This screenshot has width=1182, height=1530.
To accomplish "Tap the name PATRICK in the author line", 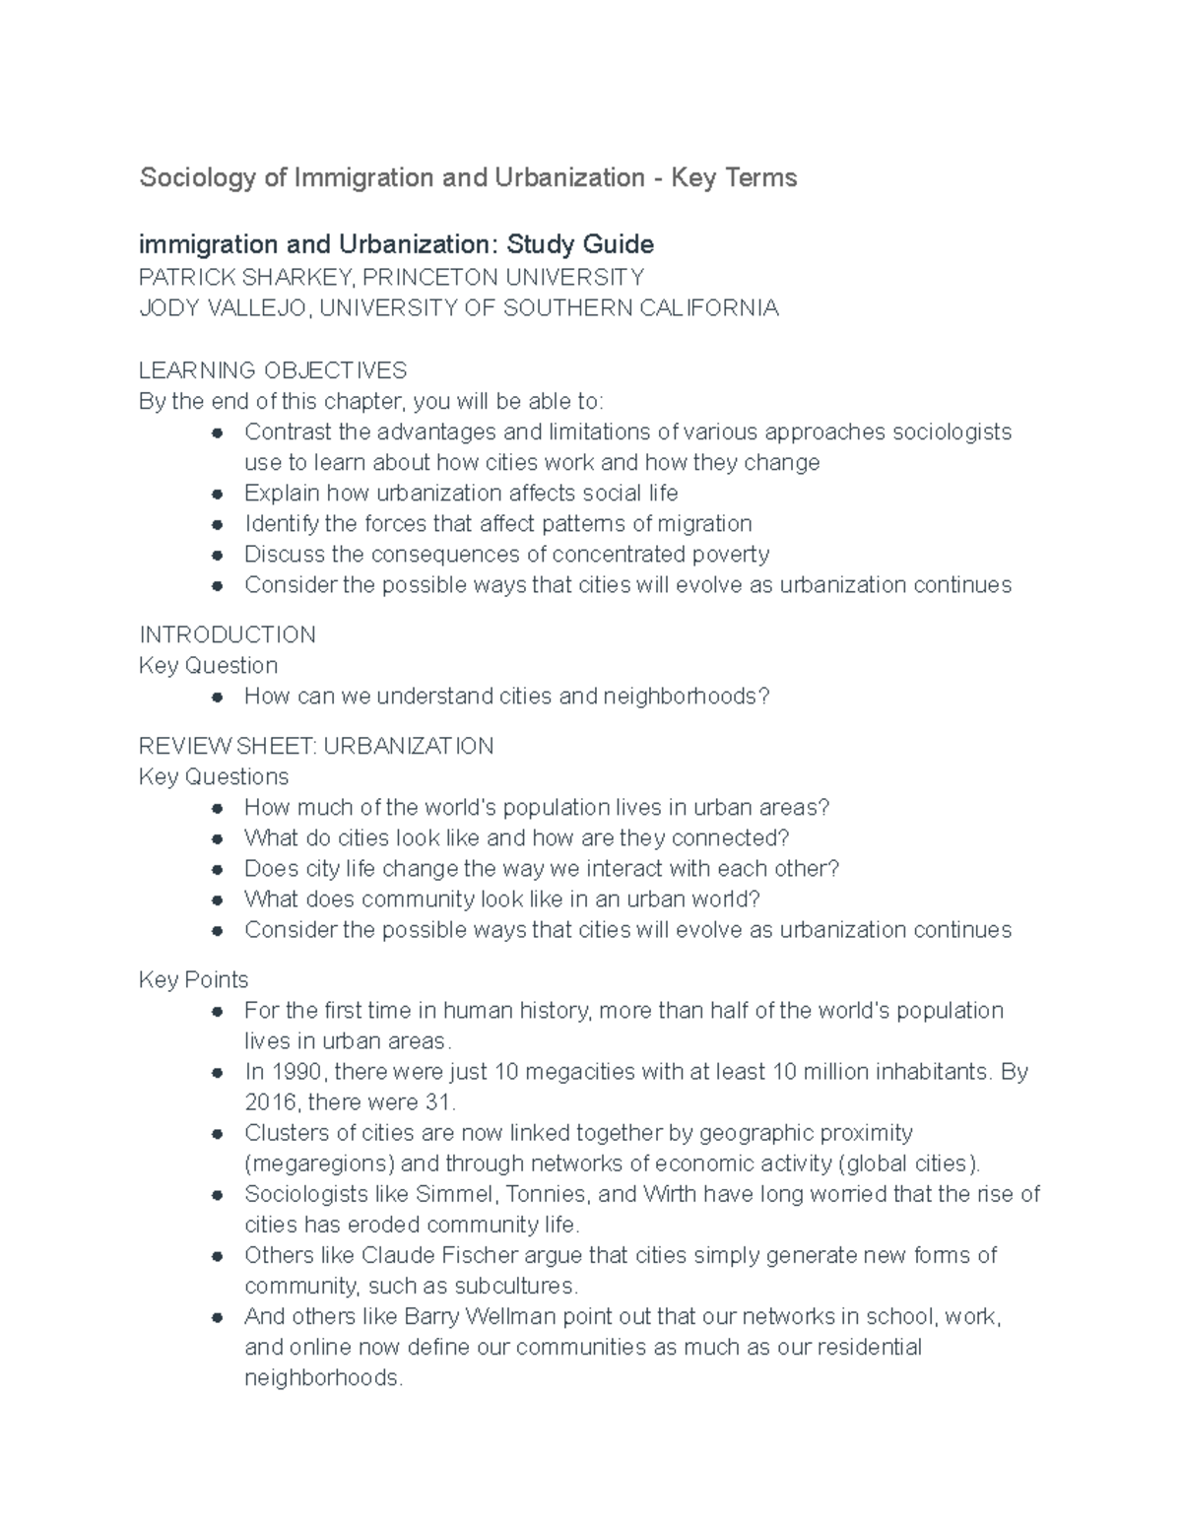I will coord(183,277).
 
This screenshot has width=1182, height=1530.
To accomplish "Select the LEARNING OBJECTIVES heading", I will coord(273,370).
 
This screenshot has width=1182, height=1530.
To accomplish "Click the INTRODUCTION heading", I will coord(228,634).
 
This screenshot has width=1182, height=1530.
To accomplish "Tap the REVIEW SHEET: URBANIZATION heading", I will coord(316,746).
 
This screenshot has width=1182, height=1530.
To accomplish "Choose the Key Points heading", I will coord(194,979).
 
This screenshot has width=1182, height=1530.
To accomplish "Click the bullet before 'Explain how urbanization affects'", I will coord(219,494).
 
